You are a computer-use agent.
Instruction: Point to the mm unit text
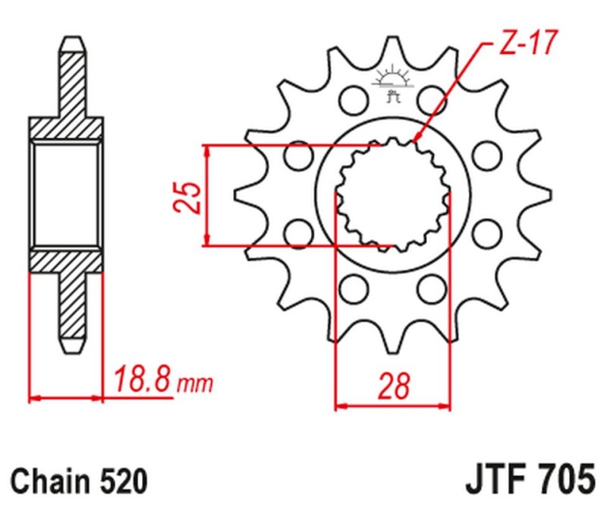tap(194, 383)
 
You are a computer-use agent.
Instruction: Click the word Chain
tap(49, 481)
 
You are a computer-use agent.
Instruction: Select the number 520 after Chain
tap(119, 481)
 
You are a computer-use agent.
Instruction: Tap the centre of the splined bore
tap(392, 194)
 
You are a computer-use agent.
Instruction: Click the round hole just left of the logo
tap(351, 98)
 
